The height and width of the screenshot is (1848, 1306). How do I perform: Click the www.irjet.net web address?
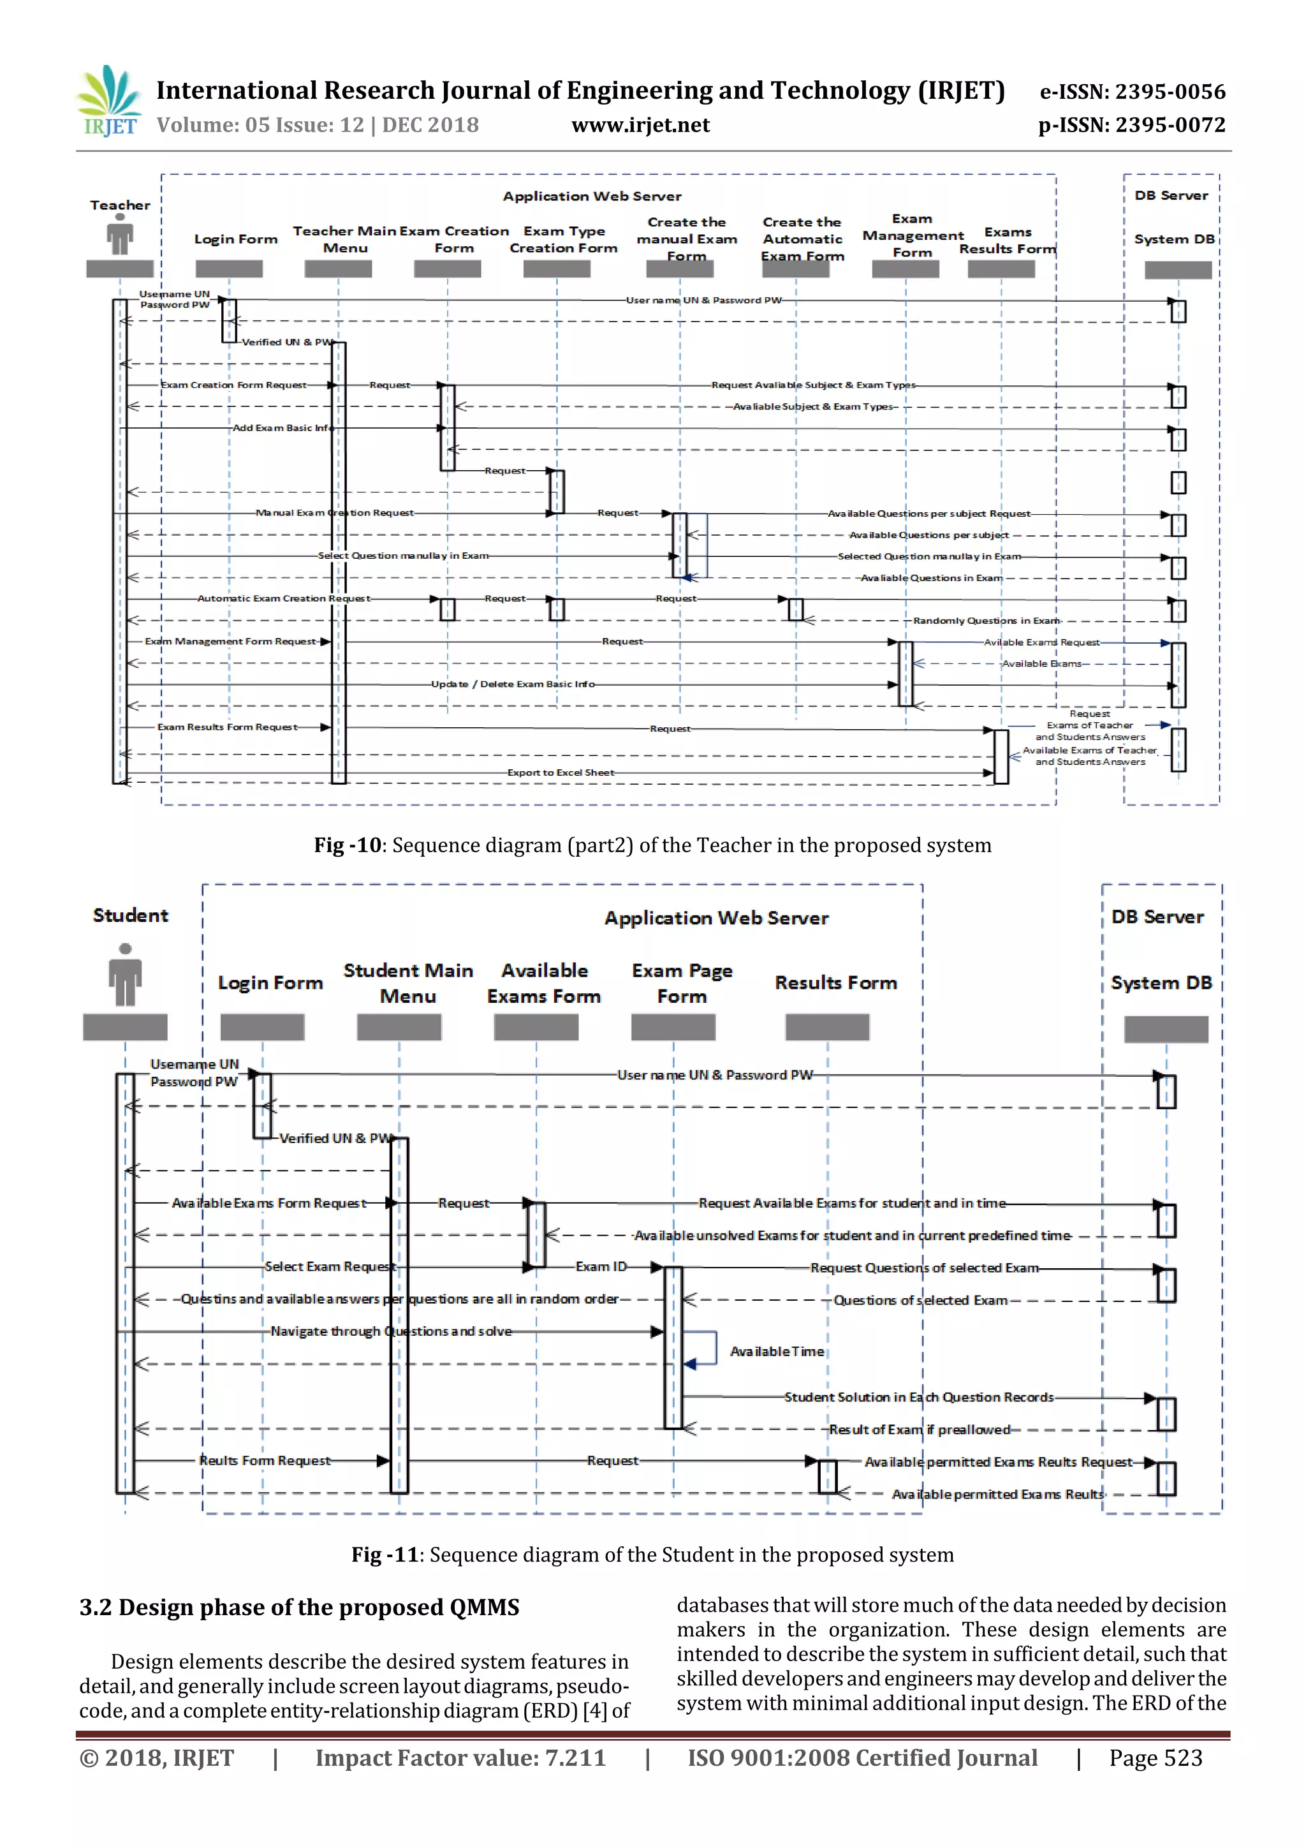point(640,126)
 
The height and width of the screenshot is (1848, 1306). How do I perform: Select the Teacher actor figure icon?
point(120,237)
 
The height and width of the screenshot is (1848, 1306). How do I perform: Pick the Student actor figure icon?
point(125,975)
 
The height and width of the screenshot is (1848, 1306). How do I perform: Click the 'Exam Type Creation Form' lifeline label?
point(563,240)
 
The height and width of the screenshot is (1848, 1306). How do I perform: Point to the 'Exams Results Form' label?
point(1008,240)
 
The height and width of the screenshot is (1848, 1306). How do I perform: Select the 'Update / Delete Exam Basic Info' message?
point(513,684)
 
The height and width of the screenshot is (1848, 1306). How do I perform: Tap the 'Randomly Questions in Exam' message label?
point(987,621)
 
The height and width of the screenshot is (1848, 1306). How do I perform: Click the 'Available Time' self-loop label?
point(777,1351)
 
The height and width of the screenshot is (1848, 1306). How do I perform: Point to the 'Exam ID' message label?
point(601,1266)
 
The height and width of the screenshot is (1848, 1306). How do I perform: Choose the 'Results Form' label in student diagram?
point(835,983)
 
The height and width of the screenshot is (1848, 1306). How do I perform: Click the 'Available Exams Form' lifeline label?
point(544,984)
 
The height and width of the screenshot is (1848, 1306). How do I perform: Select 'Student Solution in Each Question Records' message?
point(919,1397)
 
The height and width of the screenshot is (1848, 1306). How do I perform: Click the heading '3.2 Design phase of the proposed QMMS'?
point(299,1608)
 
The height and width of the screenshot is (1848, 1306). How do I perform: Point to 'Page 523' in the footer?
point(1156,1758)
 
